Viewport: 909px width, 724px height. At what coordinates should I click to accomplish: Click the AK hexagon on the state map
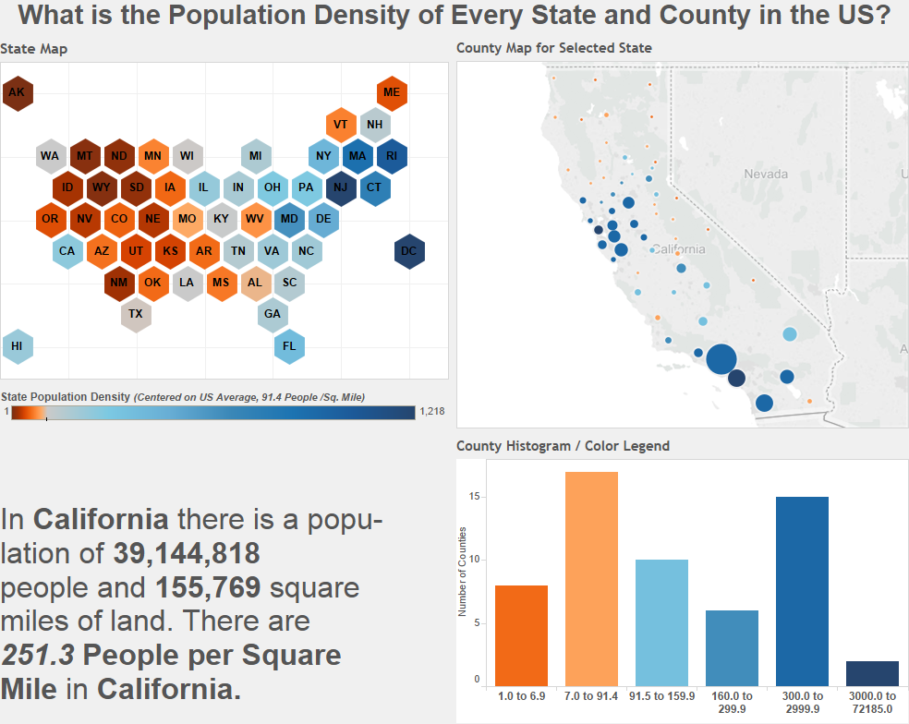17,92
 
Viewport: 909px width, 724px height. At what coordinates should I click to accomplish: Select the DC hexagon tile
409,251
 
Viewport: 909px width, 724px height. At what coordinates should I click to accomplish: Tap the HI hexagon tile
17,346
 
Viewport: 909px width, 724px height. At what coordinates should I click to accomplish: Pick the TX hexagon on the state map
136,314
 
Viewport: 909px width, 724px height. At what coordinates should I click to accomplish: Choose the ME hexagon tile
392,92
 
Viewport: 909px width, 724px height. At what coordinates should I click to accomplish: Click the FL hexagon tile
289,346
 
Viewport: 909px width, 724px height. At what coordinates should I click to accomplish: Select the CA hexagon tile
67,251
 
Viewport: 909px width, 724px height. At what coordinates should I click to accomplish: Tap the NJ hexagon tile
341,187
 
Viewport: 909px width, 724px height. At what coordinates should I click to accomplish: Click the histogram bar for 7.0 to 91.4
591,578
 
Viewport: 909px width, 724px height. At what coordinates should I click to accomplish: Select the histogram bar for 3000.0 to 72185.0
872,673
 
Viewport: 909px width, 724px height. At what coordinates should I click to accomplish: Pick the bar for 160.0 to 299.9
732,647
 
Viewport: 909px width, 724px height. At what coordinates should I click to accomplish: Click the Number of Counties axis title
463,572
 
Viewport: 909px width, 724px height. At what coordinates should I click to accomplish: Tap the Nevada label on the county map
767,174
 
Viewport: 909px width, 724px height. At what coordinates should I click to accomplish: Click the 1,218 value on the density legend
433,412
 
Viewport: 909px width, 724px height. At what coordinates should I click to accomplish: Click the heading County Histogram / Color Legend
563,446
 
